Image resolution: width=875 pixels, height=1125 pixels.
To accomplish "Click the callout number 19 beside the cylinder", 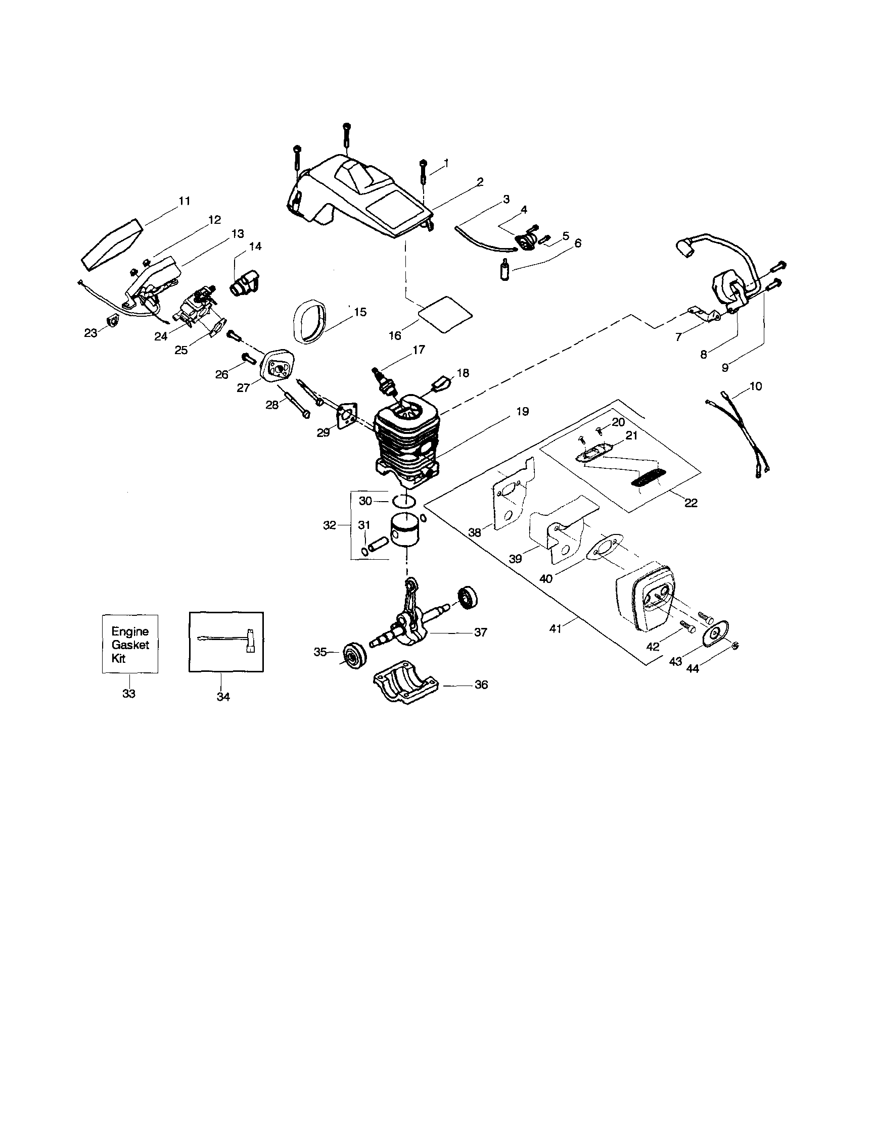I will [x=523, y=412].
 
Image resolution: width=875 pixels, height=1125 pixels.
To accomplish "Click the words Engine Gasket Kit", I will [x=130, y=645].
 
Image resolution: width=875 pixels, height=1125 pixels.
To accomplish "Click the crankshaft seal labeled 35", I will [x=354, y=655].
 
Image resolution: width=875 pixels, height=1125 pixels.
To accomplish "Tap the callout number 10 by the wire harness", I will [x=755, y=386].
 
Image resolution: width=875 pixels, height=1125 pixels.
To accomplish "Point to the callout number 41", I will [x=555, y=628].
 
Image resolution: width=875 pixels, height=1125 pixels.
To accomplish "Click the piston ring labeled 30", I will [x=404, y=500].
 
